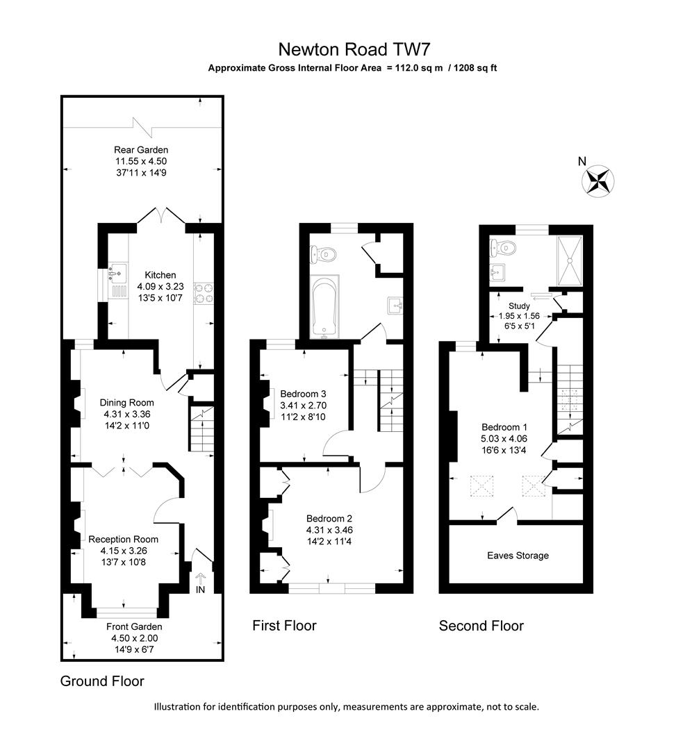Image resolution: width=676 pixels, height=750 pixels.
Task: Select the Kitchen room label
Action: [160, 275]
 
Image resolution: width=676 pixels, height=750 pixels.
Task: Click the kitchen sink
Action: [115, 274]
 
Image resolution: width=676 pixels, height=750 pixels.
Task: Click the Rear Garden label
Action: [141, 149]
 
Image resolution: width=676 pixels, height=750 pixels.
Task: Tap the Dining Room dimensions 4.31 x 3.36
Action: [126, 414]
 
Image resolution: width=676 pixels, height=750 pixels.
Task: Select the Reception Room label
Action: [123, 539]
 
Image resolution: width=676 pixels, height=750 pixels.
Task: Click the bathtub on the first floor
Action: [324, 310]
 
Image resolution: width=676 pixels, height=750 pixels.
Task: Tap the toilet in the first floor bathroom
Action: [325, 254]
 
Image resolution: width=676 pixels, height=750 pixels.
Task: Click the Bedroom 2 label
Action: [329, 518]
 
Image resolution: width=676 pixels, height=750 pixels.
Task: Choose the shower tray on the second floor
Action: [570, 260]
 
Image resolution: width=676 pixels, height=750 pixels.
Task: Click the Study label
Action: [519, 306]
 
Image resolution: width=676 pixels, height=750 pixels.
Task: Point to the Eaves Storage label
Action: [518, 556]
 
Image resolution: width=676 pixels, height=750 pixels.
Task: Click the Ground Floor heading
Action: [102, 681]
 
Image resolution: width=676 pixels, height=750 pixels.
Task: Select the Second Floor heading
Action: [481, 626]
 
